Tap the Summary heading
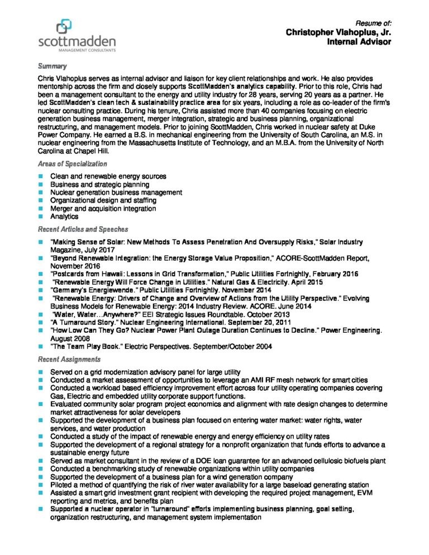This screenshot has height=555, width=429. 53,66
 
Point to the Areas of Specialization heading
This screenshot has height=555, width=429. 72,164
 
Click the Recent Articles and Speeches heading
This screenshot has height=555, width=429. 83,229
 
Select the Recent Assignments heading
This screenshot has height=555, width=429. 69,359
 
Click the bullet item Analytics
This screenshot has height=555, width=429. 64,217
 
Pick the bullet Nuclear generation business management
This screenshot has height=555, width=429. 116,193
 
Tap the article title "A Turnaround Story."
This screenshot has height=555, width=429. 81,322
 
